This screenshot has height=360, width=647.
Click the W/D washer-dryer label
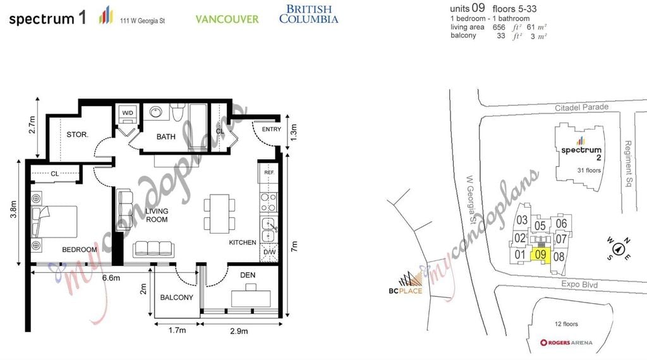tap(128, 113)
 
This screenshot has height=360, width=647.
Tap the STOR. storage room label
tap(77, 135)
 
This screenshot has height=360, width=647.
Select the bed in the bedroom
tap(54, 222)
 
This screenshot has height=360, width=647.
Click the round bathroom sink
tap(156, 112)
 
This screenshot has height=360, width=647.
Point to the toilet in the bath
tap(178, 112)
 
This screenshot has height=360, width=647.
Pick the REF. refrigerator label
tap(269, 172)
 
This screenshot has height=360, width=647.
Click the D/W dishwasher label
tap(269, 252)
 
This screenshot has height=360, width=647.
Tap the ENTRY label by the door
tap(272, 129)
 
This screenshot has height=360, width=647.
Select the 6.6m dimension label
tap(111, 278)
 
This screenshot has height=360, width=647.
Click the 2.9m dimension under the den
tap(239, 331)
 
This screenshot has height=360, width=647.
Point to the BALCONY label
tap(177, 297)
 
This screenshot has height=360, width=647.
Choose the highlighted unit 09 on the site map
tap(541, 255)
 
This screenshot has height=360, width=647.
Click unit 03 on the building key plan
tap(522, 220)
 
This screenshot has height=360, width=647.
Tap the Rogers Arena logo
tap(566, 342)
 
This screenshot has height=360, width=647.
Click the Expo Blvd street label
tap(579, 284)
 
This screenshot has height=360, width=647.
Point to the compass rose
tap(618, 249)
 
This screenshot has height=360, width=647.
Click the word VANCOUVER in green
tap(227, 19)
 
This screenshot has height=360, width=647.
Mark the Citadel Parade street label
tap(581, 107)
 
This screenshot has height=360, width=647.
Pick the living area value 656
tap(499, 27)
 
